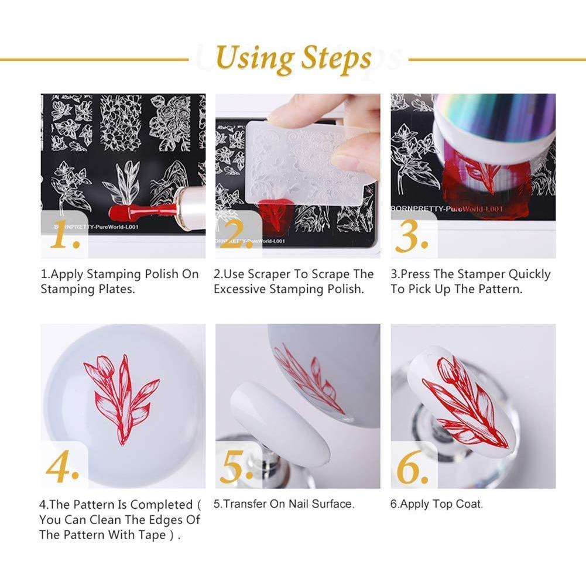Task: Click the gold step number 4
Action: (x=63, y=467)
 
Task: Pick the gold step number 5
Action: (x=237, y=467)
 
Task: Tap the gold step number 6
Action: (x=413, y=467)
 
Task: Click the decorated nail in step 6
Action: (x=462, y=398)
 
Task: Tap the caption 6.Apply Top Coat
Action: (x=437, y=503)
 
